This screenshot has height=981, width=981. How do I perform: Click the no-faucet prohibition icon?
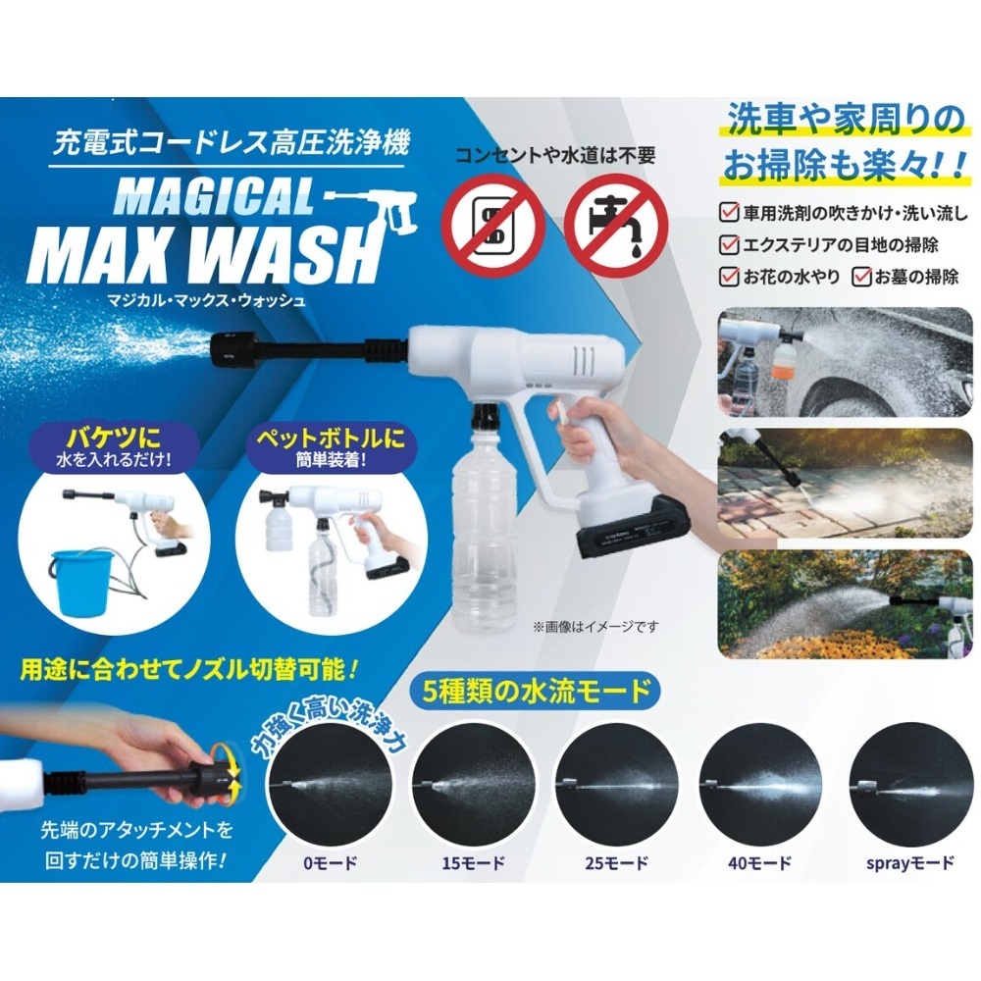(x=616, y=227)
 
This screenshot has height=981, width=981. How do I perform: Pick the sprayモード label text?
(x=910, y=863)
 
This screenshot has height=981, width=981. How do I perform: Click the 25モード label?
(x=616, y=863)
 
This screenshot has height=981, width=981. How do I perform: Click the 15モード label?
(x=473, y=863)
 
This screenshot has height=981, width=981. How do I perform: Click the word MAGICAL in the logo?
(x=214, y=197)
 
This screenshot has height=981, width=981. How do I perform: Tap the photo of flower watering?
(x=846, y=604)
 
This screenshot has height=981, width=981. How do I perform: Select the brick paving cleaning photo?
(x=846, y=483)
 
